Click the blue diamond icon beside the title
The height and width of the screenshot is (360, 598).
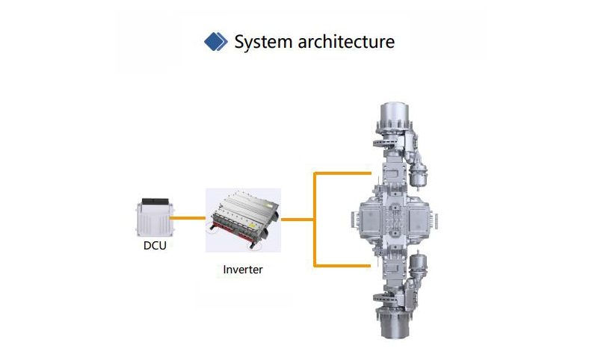tap(216, 42)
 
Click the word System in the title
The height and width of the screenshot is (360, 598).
tap(263, 42)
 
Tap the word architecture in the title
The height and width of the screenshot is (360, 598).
tap(346, 42)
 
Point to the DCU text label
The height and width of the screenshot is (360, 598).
tap(155, 245)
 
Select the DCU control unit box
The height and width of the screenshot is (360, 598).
tap(155, 217)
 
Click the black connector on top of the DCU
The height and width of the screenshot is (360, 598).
tap(155, 202)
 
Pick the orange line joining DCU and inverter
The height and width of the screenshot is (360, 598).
tap(188, 218)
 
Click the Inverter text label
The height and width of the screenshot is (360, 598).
tap(243, 270)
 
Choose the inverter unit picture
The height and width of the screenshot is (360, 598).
tap(244, 220)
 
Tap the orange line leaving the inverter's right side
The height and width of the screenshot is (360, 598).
tap(298, 220)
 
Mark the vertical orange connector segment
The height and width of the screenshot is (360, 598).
tap(315, 220)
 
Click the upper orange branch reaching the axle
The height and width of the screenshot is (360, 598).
tap(342, 173)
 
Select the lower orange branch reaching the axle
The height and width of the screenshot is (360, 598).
tap(342, 266)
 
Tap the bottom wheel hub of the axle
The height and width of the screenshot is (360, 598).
tap(395, 323)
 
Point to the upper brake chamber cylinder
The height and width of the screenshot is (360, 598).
tap(418, 176)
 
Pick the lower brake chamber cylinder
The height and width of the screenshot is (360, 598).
tap(418, 264)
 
